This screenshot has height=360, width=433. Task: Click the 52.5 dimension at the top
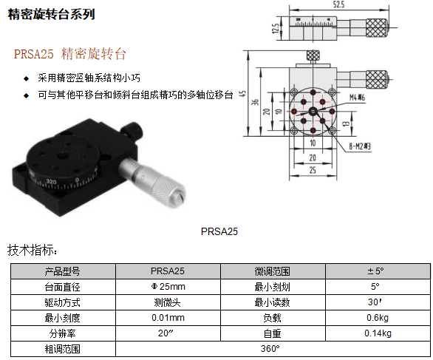(x=338, y=4)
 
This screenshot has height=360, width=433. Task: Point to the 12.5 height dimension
(x=276, y=28)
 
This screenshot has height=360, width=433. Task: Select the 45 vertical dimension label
(x=243, y=93)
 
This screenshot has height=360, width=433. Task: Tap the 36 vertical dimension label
(x=255, y=102)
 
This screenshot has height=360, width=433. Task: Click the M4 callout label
(x=357, y=98)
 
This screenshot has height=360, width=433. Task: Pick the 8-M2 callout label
(x=360, y=146)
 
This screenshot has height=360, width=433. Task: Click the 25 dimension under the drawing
(x=313, y=170)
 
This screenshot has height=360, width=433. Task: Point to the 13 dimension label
(x=346, y=123)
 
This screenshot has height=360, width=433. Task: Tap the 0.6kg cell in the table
(x=378, y=318)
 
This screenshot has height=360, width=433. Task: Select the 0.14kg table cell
(x=378, y=333)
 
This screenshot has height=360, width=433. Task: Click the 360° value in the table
(x=270, y=349)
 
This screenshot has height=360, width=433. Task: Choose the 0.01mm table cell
(x=168, y=318)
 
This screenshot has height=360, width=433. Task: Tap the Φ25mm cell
(x=168, y=287)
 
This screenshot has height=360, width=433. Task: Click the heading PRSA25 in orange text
(x=34, y=54)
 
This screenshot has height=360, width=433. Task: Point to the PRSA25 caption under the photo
(x=219, y=231)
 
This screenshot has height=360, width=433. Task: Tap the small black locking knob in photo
(x=133, y=129)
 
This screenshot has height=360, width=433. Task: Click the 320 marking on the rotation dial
(x=52, y=182)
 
